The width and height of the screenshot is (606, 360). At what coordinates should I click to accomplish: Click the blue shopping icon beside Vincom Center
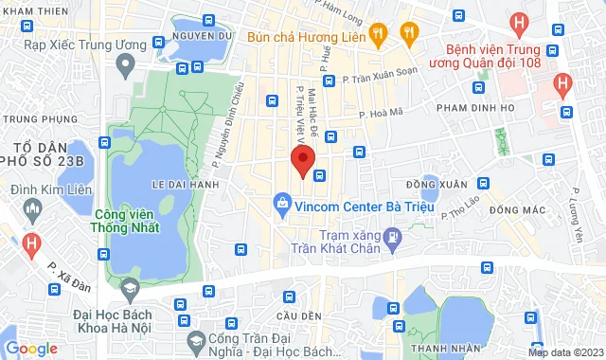click(281, 203)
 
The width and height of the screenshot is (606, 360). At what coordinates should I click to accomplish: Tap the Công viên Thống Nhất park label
click(126, 221)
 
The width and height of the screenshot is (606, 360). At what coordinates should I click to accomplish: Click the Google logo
click(31, 349)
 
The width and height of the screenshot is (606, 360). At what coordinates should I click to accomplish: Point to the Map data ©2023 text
click(564, 352)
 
